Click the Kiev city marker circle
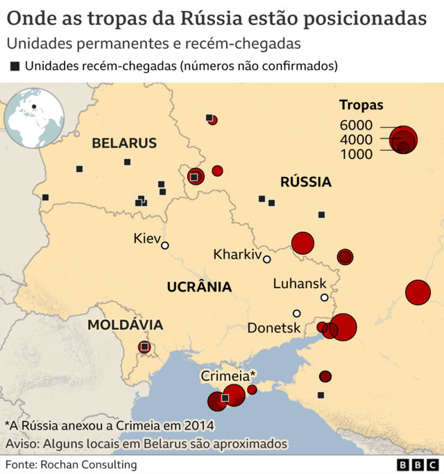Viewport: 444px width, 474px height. click(165, 245)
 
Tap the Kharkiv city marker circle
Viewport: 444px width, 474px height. click(267, 260)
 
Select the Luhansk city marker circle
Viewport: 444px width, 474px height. click(324, 298)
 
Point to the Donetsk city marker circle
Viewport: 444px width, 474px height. click(297, 313)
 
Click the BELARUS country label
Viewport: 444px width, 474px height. click(124, 144)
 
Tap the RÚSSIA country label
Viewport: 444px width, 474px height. click(305, 183)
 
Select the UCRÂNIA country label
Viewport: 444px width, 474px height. click(198, 287)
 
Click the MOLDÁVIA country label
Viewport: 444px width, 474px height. click(126, 325)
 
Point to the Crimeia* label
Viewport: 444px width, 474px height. click(228, 375)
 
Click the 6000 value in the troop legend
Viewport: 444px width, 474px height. click(357, 126)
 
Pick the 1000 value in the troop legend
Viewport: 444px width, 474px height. click(357, 154)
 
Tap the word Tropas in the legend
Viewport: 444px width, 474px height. click(361, 105)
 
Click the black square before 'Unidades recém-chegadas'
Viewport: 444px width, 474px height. click(15, 67)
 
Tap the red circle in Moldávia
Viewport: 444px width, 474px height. click(144, 346)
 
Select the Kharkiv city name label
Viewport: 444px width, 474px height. click(237, 254)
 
